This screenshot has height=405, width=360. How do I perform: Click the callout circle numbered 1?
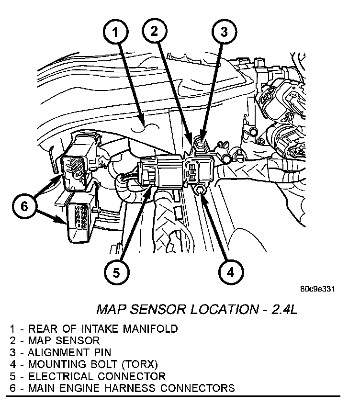point(115,34)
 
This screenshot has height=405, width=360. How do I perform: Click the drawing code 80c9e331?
point(316,289)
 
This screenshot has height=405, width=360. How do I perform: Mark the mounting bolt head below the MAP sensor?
point(200,191)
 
